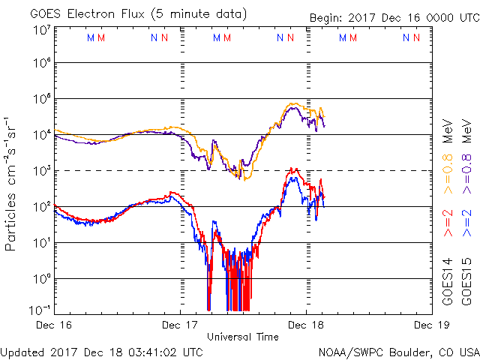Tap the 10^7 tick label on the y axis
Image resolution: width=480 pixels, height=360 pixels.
[41, 30]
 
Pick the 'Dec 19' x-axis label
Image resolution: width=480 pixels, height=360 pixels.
[430, 325]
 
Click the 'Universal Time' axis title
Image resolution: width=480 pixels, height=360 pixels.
[243, 337]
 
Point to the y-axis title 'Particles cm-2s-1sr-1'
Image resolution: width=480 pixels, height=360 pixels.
[13, 182]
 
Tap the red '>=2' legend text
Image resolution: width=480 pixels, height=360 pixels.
[448, 223]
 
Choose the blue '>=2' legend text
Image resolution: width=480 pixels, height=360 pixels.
[466, 223]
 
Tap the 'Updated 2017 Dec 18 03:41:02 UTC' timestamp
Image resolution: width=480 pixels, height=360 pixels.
[101, 351]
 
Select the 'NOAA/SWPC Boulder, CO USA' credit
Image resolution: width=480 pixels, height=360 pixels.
[398, 351]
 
